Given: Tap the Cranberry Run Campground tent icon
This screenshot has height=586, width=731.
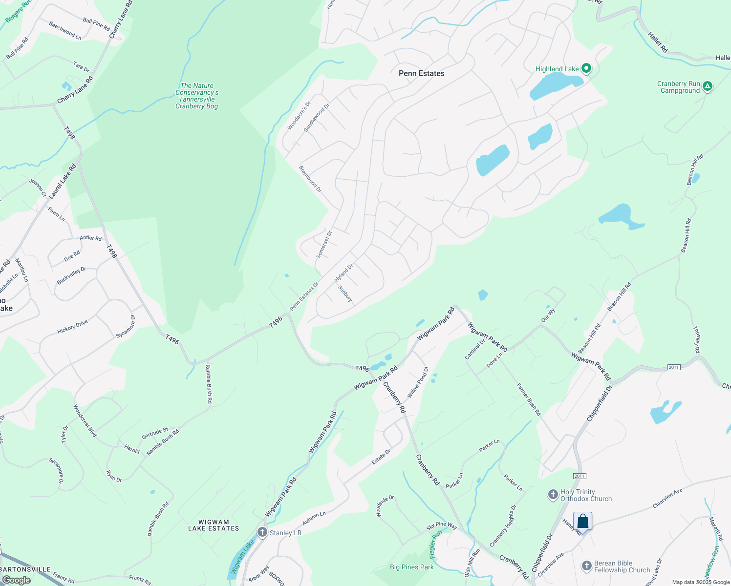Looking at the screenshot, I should point(707,87).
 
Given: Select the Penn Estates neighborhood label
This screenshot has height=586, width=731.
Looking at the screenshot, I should point(422,73).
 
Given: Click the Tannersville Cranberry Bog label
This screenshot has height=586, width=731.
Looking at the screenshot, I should point(197,96).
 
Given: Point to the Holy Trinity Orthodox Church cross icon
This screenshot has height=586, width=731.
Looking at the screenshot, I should point(553,495).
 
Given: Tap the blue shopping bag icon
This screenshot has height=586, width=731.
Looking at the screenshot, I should point(583,521).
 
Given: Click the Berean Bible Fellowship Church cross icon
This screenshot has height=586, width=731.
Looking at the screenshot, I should point(587,566).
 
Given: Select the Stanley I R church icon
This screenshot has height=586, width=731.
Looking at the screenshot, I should point(262,532).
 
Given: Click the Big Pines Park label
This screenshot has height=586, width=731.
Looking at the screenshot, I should point(412,567).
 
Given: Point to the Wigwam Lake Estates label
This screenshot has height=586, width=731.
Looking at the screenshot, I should point(214,525).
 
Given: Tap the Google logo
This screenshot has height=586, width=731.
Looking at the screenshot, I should point(16,580).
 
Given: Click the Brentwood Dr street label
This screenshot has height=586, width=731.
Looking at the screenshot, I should point(310,179).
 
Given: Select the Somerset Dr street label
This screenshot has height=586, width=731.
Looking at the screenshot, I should point(324,244).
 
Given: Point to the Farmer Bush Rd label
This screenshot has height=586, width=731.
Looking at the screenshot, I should point(529,399).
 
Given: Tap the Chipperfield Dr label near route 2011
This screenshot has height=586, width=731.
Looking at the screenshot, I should point(600,403).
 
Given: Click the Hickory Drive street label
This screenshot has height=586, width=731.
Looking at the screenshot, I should point(72,327).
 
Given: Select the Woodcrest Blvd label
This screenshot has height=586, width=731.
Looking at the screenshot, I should point(85,420).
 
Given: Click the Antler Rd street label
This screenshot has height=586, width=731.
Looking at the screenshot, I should point(90,238).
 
